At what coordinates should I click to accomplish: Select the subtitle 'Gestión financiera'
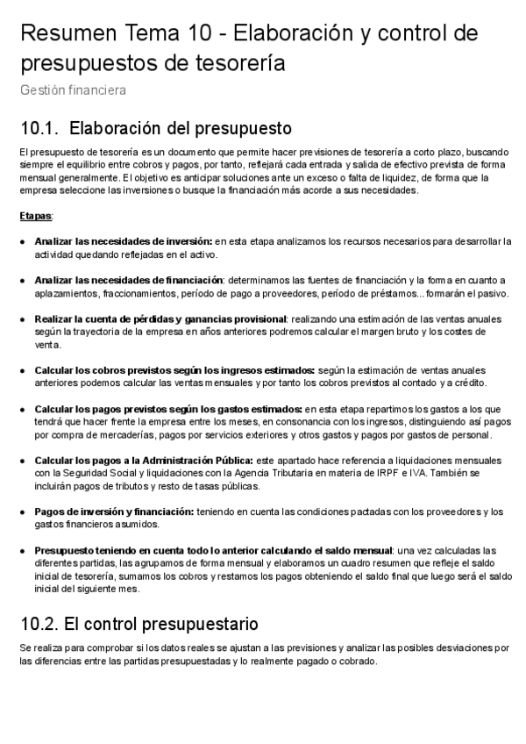point(73,89)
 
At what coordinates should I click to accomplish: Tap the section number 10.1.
point(38,129)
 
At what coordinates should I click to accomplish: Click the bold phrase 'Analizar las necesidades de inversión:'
point(124,240)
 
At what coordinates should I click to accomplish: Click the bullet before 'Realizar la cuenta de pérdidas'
point(22,318)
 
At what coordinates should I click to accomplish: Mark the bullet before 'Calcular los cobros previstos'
point(22,370)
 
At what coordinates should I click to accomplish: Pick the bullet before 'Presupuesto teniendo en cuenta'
point(22,550)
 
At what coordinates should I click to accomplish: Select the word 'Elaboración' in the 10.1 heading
point(118,129)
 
